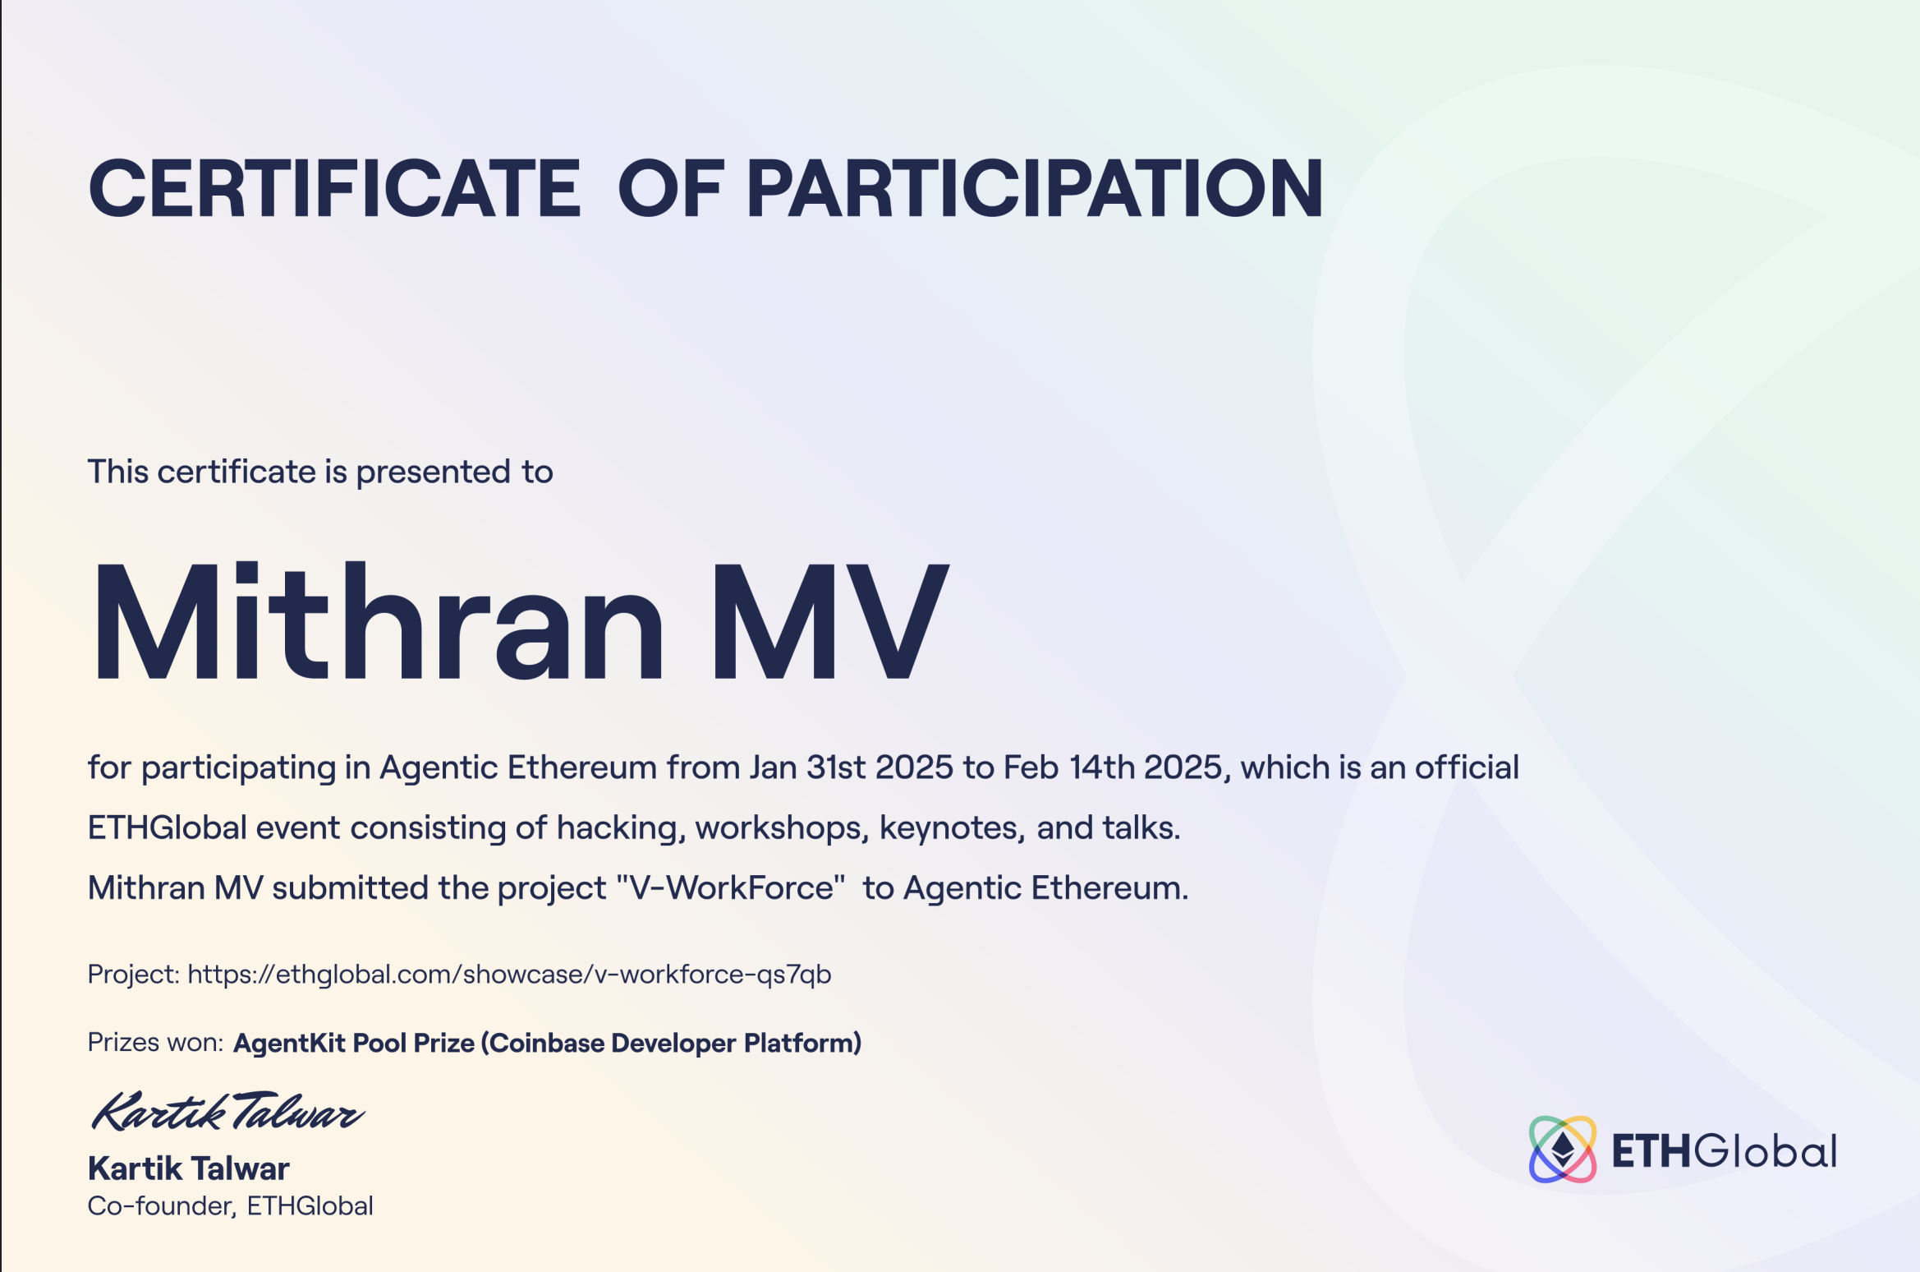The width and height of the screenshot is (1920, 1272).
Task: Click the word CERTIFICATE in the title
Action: [x=334, y=188]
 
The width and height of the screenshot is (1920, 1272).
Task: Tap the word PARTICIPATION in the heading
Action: [x=1034, y=188]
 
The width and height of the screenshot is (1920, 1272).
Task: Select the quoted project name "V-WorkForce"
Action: [x=731, y=887]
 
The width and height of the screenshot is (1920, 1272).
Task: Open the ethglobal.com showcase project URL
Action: [x=509, y=975]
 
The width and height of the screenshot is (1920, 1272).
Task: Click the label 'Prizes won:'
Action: [x=155, y=1042]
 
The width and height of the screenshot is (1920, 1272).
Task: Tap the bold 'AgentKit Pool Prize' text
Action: [x=354, y=1043]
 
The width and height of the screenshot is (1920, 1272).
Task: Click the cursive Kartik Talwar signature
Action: [x=227, y=1112]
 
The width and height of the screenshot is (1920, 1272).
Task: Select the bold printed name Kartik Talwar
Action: [x=189, y=1168]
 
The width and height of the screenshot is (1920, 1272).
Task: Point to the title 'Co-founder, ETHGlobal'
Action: [x=231, y=1205]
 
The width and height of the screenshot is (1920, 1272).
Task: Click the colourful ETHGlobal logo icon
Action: [x=1563, y=1150]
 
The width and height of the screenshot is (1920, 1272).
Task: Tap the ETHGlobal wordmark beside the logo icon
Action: [x=1724, y=1150]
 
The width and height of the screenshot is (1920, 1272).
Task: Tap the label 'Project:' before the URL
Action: [x=134, y=975]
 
